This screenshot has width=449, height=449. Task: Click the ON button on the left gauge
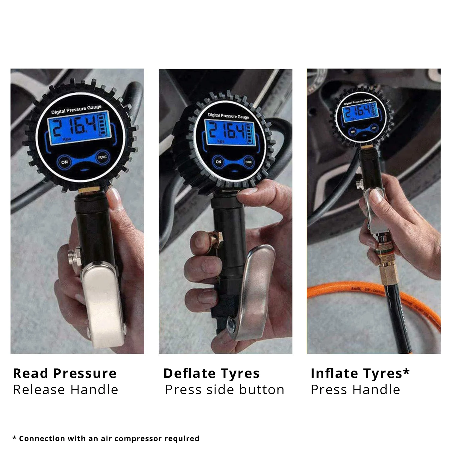click(64, 162)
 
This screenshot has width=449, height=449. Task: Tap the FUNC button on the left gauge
click(102, 157)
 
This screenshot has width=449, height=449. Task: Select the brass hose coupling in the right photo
click(388, 269)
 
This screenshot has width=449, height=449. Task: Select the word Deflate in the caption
click(189, 374)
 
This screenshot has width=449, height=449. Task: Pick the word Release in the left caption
click(39, 390)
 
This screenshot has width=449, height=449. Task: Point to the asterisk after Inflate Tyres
click(406, 371)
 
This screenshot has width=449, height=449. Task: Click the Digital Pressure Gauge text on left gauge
click(76, 110)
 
